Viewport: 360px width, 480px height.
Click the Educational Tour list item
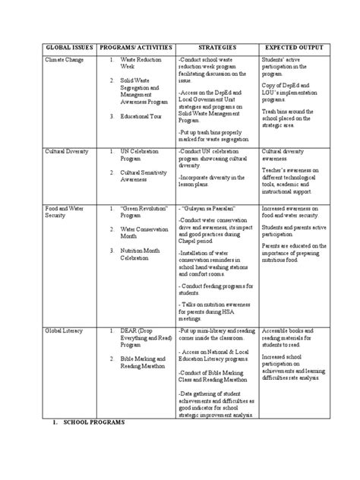143,117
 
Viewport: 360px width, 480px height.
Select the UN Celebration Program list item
141,156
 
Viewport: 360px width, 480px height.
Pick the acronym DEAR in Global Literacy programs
130,332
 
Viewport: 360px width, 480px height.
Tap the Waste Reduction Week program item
144,62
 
